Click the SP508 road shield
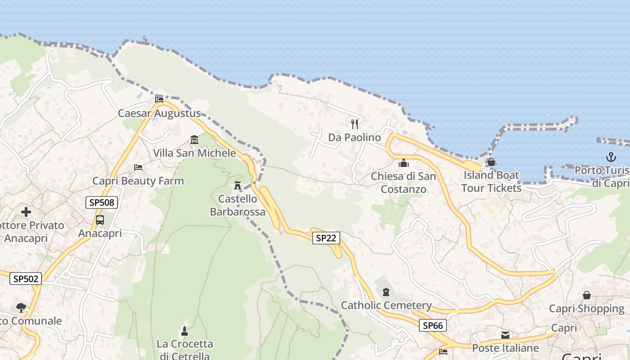tap(102, 202)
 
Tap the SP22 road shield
tap(326, 238)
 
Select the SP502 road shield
tap(26, 279)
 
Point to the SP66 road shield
tap(433, 325)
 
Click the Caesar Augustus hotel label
tap(159, 113)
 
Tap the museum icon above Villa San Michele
tap(194, 139)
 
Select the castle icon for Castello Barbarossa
tap(238, 185)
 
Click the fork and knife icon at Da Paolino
tap(355, 124)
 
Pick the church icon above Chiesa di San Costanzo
tap(404, 162)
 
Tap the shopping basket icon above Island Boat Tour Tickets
tap(491, 162)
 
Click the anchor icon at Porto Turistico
tap(611, 157)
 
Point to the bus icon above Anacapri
tap(100, 220)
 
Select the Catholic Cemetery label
tap(386, 306)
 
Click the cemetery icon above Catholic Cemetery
tap(386, 292)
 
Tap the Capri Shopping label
tap(586, 309)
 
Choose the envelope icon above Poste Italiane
tap(505, 335)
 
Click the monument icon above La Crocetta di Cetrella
tap(184, 331)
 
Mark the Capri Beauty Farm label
tap(138, 181)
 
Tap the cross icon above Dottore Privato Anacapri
tap(26, 211)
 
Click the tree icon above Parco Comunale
tap(21, 308)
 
